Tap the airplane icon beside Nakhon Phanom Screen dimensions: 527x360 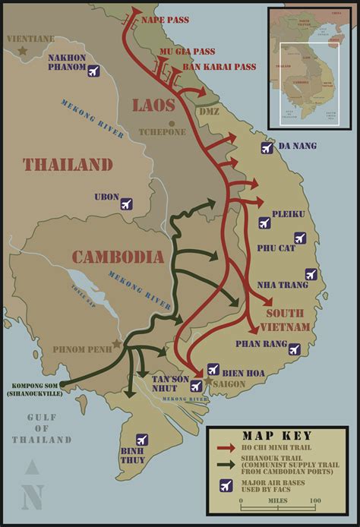(93, 71)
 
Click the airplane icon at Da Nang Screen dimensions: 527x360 (267, 147)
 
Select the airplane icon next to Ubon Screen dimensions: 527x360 (126, 204)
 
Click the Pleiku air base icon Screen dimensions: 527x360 (264, 222)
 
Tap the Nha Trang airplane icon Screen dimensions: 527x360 (310, 274)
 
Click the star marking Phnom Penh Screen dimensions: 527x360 (116, 344)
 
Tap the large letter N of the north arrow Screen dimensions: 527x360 (31, 497)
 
